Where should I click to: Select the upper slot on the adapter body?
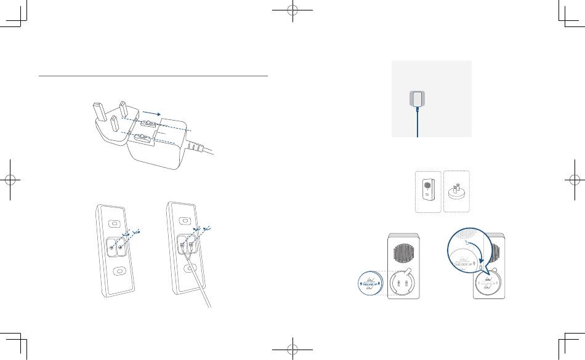coord(148,125)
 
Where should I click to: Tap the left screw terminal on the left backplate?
coord(111,247)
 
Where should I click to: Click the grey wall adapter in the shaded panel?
coord(418,98)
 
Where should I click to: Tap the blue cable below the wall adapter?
coord(418,126)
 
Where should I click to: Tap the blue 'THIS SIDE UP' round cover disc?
coord(372,284)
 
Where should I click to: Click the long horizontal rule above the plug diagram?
coord(154,77)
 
